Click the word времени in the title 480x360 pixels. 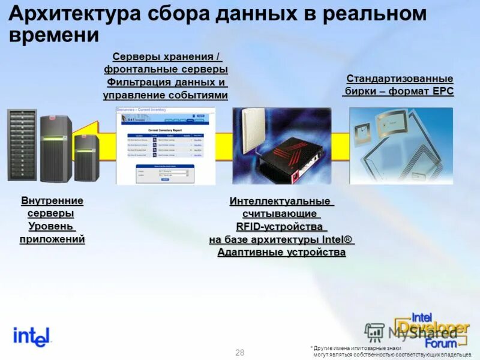[x=54, y=35]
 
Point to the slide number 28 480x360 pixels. [x=240, y=352]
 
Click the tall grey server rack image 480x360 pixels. [x=22, y=146]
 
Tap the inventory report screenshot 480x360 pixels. [x=166, y=146]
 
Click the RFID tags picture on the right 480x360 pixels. [x=401, y=146]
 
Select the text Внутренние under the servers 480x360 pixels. [x=52, y=200]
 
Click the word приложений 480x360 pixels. [x=52, y=239]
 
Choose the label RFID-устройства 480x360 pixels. [x=281, y=227]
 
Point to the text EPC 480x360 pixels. [x=439, y=92]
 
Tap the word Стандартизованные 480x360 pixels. [x=400, y=79]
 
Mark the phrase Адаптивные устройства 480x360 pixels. [x=281, y=253]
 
